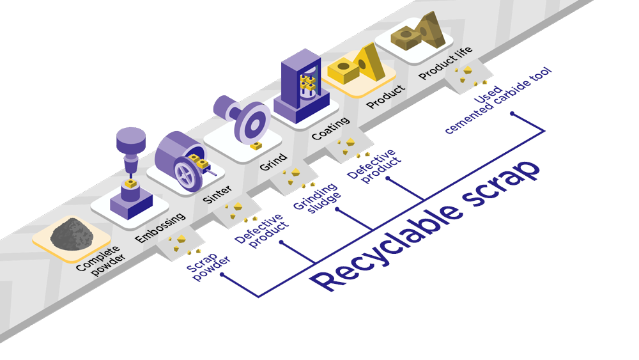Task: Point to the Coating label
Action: (x=330, y=128)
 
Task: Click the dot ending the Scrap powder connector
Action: (x=222, y=275)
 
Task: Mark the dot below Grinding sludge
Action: (x=337, y=209)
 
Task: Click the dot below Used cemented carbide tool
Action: (x=512, y=114)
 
